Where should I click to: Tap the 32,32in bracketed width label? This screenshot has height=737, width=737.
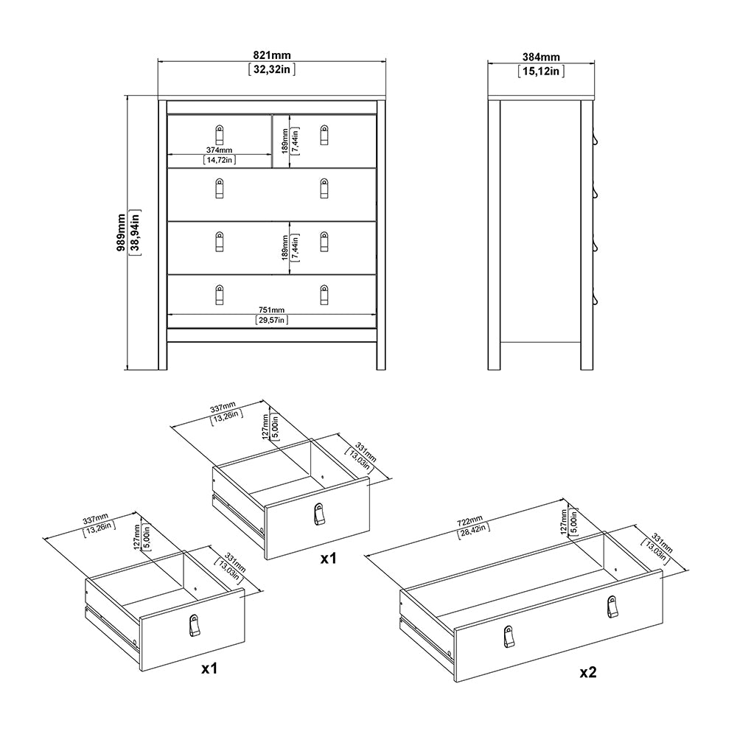(x=272, y=71)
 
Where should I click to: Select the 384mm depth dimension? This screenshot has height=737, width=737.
(x=541, y=57)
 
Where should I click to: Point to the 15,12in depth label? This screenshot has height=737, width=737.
(x=541, y=71)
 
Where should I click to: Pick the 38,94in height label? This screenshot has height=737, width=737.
(x=136, y=233)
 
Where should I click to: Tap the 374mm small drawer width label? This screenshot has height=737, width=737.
(x=219, y=150)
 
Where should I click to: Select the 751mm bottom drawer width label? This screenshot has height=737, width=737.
(x=271, y=310)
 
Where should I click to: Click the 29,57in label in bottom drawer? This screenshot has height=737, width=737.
(x=271, y=320)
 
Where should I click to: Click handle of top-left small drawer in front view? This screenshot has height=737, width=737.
(x=219, y=135)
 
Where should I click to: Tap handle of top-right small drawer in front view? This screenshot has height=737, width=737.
(x=324, y=135)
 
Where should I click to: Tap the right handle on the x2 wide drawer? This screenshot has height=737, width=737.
(x=612, y=606)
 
